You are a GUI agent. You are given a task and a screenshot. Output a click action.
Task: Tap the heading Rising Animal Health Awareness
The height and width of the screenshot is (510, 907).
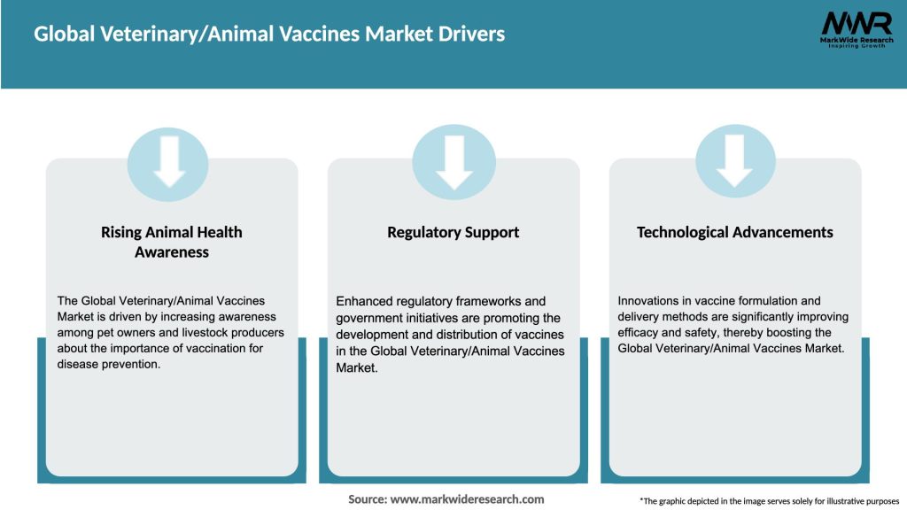point(172,242)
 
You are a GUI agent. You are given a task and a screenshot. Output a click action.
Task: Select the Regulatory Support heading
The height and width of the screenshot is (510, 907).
point(453,232)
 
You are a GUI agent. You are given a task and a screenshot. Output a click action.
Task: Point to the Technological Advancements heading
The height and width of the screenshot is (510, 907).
point(734,232)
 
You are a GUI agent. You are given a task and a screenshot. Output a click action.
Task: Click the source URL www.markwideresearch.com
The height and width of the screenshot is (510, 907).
point(467,499)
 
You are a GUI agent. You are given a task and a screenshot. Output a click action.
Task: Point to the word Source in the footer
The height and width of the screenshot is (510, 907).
point(367,499)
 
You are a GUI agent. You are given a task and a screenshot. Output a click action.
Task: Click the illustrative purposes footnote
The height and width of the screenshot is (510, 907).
point(769,500)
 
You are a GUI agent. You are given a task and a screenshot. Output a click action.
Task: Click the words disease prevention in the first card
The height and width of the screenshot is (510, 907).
point(109,365)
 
